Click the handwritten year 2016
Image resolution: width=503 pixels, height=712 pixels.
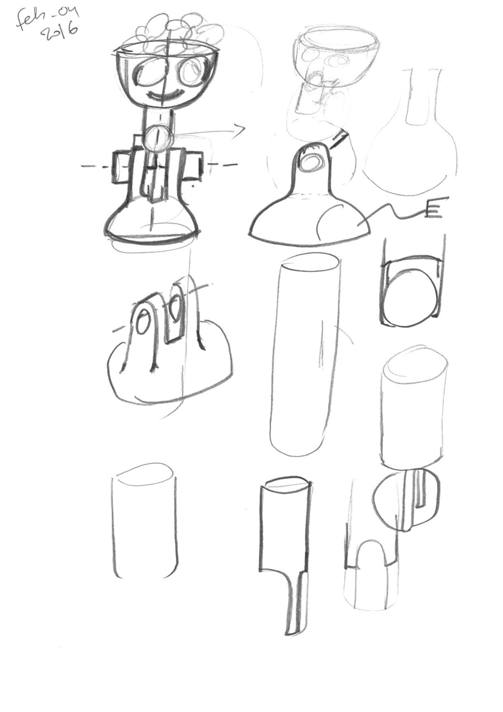(x=60, y=34)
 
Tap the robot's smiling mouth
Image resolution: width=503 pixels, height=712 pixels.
(x=165, y=94)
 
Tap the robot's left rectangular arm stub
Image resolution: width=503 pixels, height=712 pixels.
(x=121, y=167)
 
